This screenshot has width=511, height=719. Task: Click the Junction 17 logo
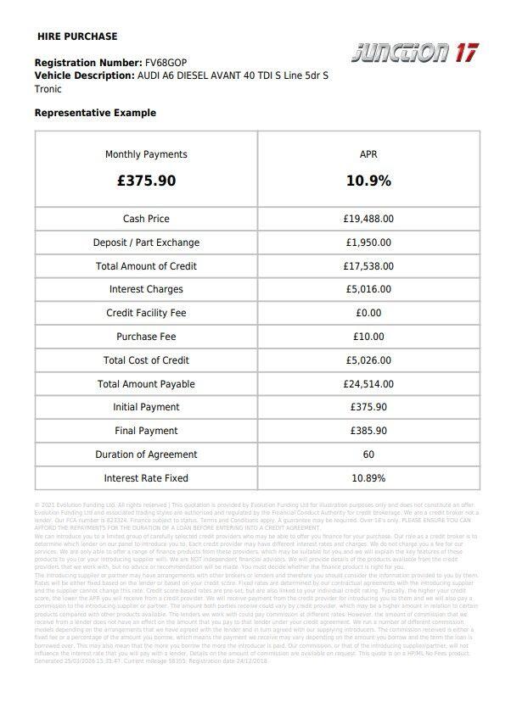pyautogui.click(x=414, y=53)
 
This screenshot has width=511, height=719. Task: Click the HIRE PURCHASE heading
pyautogui.click(x=77, y=36)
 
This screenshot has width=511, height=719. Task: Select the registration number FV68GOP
pyautogui.click(x=166, y=63)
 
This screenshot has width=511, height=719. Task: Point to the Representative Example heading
pyautogui.click(x=95, y=113)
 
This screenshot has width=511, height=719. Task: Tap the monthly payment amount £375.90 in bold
pyautogui.click(x=146, y=181)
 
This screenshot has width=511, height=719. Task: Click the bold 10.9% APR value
pyautogui.click(x=368, y=181)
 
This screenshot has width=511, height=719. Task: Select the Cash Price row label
pyautogui.click(x=146, y=219)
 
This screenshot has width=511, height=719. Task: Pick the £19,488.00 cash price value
pyautogui.click(x=368, y=219)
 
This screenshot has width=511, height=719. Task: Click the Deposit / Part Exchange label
pyautogui.click(x=146, y=242)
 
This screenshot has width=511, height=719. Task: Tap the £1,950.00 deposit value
pyautogui.click(x=368, y=242)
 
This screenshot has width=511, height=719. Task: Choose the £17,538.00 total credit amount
pyautogui.click(x=368, y=266)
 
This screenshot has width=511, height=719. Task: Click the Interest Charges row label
pyautogui.click(x=146, y=289)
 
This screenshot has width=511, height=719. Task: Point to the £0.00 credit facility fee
pyautogui.click(x=368, y=313)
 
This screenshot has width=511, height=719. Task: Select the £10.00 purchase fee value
pyautogui.click(x=368, y=337)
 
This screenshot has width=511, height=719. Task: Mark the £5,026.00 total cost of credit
pyautogui.click(x=368, y=360)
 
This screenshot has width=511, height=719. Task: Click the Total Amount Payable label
pyautogui.click(x=146, y=384)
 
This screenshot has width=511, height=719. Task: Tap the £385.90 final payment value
pyautogui.click(x=368, y=431)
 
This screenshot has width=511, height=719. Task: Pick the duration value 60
pyautogui.click(x=368, y=454)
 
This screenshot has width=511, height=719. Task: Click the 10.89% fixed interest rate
pyautogui.click(x=368, y=478)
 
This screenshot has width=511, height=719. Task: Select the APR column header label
pyautogui.click(x=368, y=154)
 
